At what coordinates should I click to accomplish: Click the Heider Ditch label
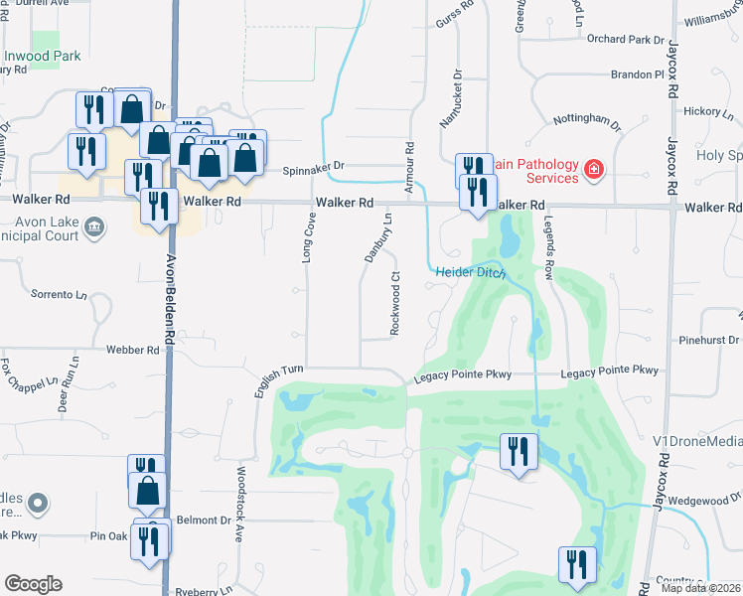tap(471, 272)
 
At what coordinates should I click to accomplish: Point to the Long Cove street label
tap(308, 242)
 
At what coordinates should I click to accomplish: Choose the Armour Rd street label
tap(408, 160)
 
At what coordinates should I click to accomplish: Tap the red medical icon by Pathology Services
tap(594, 170)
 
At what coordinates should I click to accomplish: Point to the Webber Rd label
tap(138, 351)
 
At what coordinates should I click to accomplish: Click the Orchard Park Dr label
tap(625, 40)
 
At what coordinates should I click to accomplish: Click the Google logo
tap(33, 584)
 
